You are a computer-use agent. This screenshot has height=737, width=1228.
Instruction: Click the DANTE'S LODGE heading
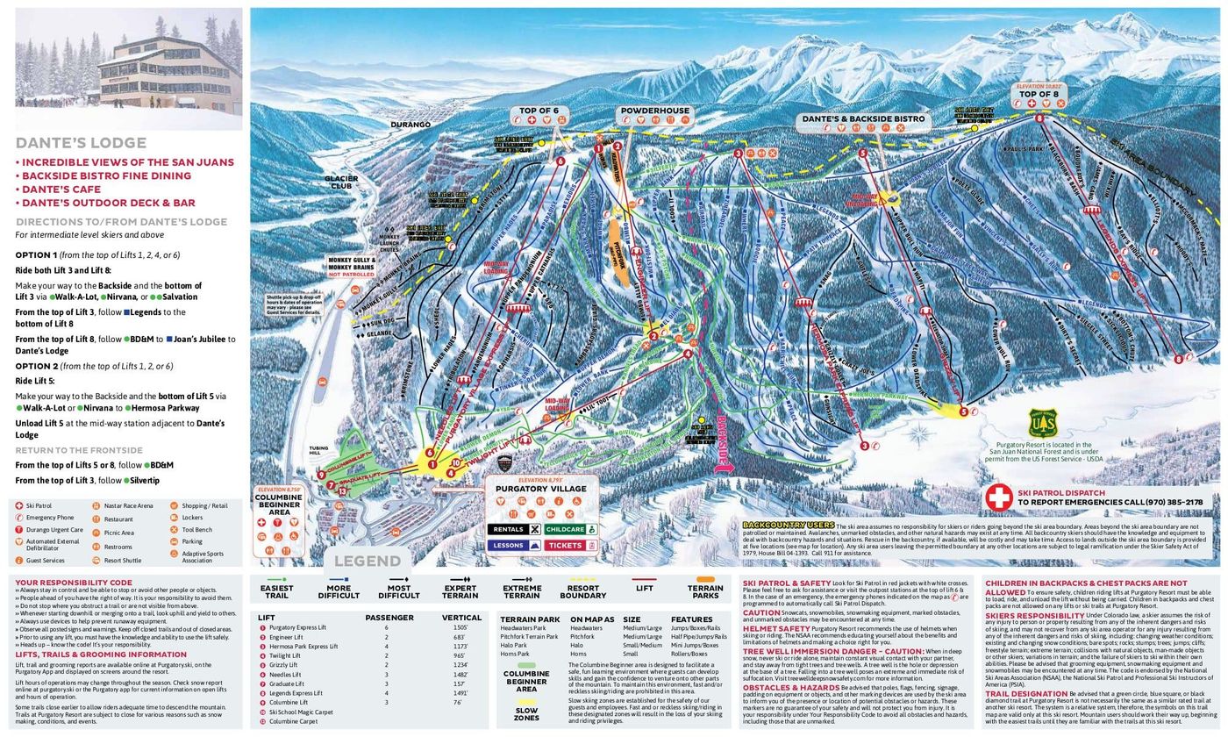[81, 143]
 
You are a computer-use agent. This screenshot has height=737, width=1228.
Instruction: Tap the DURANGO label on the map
[410, 125]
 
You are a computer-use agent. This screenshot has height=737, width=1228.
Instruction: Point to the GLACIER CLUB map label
[341, 182]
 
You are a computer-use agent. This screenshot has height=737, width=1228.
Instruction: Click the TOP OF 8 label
[1039, 94]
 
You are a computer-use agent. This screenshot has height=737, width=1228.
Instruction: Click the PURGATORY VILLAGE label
[541, 489]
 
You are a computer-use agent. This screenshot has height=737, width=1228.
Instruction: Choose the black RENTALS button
[513, 530]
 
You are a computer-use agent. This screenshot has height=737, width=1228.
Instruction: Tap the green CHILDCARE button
[570, 530]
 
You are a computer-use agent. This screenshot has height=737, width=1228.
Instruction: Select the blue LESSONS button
[513, 545]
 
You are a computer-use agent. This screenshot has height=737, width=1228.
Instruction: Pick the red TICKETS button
[570, 545]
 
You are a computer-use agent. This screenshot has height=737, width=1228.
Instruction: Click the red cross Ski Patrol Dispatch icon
[998, 497]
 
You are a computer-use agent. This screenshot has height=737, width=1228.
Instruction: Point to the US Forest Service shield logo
[1043, 424]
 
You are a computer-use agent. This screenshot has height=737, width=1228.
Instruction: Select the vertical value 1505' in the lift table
[460, 628]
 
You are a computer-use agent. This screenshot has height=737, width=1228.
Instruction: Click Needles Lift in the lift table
[285, 675]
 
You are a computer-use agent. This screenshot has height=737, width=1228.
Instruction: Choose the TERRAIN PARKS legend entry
[705, 590]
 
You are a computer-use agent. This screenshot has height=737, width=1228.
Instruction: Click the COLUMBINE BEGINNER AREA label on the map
[278, 504]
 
